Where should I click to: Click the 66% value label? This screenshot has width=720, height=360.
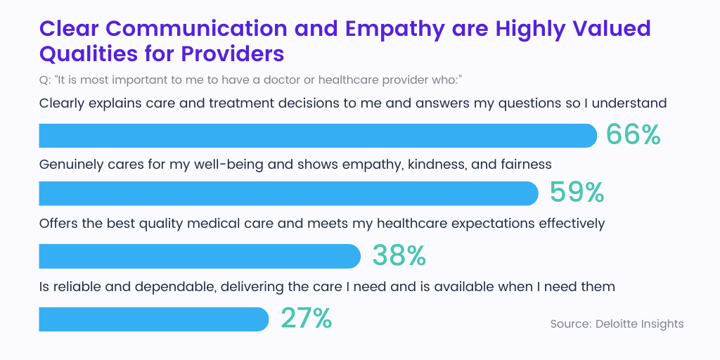[x=633, y=135]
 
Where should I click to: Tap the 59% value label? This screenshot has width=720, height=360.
[x=576, y=193]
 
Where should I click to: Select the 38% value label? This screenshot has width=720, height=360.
[x=399, y=256]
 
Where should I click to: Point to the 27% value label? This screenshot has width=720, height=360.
[x=306, y=319]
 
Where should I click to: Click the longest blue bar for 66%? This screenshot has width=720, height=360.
[x=316, y=136]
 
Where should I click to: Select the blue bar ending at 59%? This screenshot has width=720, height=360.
[x=288, y=193]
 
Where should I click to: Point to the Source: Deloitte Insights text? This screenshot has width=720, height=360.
[x=617, y=323]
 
